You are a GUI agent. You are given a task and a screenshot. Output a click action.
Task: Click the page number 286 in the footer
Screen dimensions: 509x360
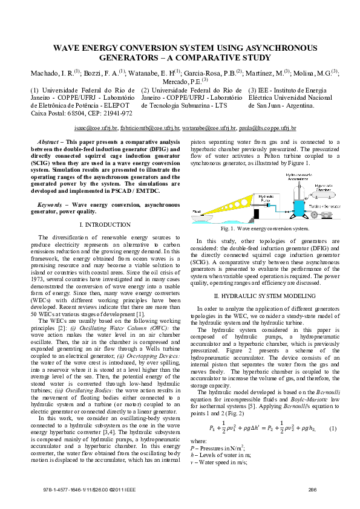pyautogui.click(x=312, y=490)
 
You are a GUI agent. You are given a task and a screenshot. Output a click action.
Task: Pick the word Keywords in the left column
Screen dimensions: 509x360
pyautogui.click(x=51, y=205)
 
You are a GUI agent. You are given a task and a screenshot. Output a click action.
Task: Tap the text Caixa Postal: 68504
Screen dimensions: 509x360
pyautogui.click(x=61, y=113)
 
